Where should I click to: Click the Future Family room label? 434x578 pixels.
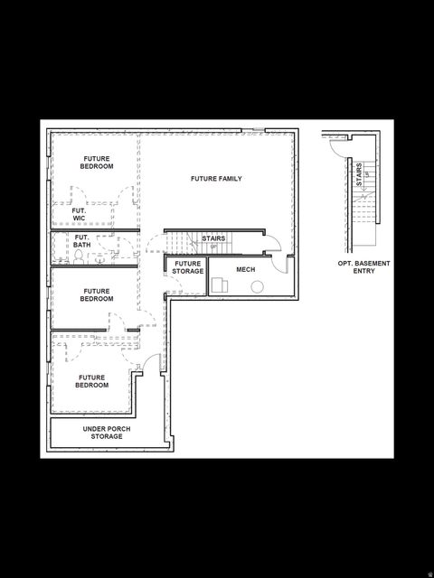click(216, 179)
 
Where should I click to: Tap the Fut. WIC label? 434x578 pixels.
click(67, 214)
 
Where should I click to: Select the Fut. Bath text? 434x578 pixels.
click(82, 241)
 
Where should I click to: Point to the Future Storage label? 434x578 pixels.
click(188, 267)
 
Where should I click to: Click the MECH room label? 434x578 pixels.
click(245, 269)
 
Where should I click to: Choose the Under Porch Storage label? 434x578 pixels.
click(102, 433)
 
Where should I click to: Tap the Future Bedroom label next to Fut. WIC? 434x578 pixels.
click(97, 163)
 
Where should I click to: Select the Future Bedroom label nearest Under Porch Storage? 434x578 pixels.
click(93, 381)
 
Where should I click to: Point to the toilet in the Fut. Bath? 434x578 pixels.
click(80, 256)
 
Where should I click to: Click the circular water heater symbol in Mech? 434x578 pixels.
click(257, 287)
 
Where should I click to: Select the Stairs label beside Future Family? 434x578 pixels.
click(213, 238)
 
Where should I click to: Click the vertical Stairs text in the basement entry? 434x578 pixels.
click(359, 174)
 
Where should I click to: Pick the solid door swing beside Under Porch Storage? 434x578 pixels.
click(152, 363)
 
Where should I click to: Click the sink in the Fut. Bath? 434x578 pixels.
click(99, 256)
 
